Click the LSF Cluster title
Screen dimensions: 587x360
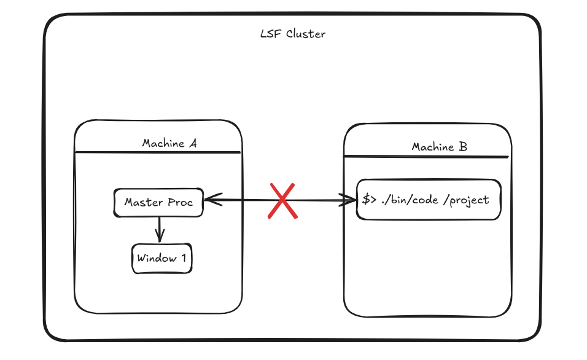click(x=293, y=34)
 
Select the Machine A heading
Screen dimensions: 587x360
click(x=169, y=143)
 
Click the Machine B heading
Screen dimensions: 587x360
click(x=439, y=146)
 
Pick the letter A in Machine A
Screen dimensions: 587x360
click(x=193, y=143)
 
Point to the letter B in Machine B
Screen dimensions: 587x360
click(x=463, y=146)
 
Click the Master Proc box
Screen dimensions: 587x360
click(x=158, y=203)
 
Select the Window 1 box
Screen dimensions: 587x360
click(x=161, y=258)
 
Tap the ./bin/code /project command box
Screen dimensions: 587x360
click(x=429, y=199)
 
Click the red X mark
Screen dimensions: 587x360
click(x=282, y=201)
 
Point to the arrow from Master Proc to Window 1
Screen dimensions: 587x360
click(x=160, y=229)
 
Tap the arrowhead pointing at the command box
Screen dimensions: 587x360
click(x=347, y=200)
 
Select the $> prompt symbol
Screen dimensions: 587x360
click(x=369, y=199)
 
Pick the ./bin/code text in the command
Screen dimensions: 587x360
click(x=410, y=200)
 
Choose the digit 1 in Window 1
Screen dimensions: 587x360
click(x=184, y=258)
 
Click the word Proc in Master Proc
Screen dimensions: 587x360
click(x=180, y=202)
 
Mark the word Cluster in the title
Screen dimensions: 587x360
click(x=306, y=34)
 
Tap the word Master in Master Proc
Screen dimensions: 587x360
click(x=144, y=202)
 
